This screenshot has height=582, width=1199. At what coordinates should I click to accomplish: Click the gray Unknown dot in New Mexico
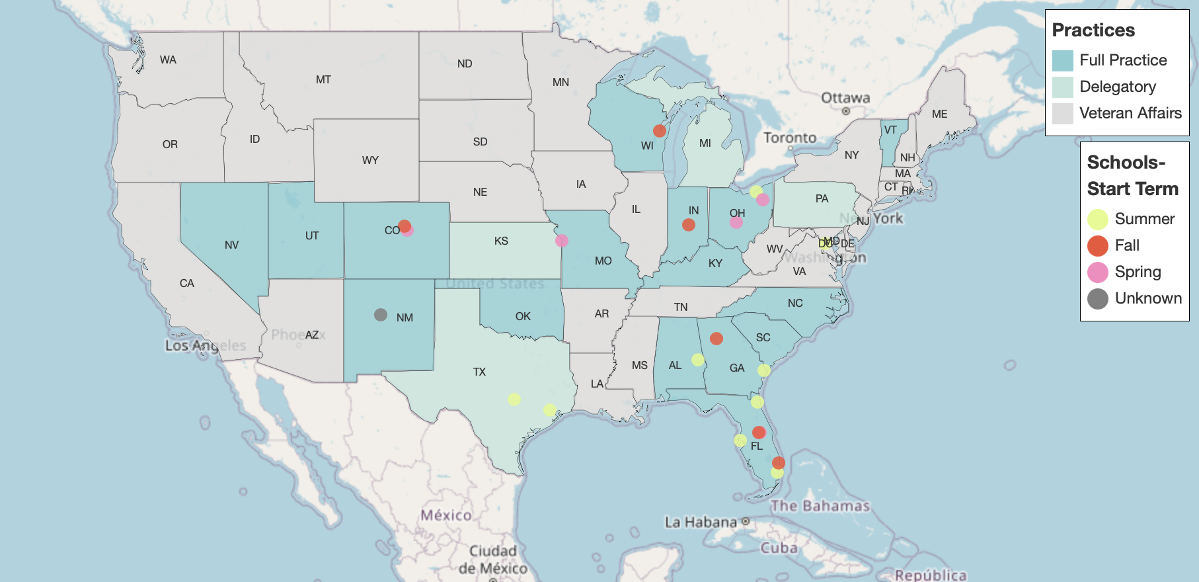pos(381,315)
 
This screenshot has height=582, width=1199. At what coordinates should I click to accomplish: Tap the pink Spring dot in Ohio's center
pos(736,222)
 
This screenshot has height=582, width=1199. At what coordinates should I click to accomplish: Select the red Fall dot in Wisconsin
pos(660,131)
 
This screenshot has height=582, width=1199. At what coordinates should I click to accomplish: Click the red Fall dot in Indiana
pos(689,225)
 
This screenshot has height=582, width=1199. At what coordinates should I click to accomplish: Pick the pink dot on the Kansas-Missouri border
pos(562,241)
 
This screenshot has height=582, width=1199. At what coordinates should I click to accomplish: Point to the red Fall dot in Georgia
pos(716,339)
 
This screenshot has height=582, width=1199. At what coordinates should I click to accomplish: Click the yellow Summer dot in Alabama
pos(698,360)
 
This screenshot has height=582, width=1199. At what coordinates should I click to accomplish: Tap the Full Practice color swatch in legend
pos(1063,61)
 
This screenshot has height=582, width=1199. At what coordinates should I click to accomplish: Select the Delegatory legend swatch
pos(1063,87)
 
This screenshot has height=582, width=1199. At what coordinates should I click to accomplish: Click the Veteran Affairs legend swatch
pos(1063,114)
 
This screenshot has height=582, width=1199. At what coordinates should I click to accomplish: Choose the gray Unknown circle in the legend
pos(1098,299)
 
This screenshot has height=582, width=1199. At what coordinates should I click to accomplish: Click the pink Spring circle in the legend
pos(1098,272)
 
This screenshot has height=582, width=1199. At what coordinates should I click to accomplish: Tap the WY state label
pos(370,160)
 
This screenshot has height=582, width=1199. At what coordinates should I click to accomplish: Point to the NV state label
pos(231,245)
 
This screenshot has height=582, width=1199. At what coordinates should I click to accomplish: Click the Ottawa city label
pos(845,98)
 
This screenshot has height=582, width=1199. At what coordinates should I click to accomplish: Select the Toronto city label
pos(790,138)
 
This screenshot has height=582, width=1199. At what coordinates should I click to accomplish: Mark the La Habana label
pos(701,522)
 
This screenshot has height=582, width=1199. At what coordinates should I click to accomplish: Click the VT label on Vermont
pos(890,130)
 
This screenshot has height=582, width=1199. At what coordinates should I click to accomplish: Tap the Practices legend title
pos(1093,30)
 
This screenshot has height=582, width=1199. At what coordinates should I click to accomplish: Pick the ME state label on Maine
pos(939,114)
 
